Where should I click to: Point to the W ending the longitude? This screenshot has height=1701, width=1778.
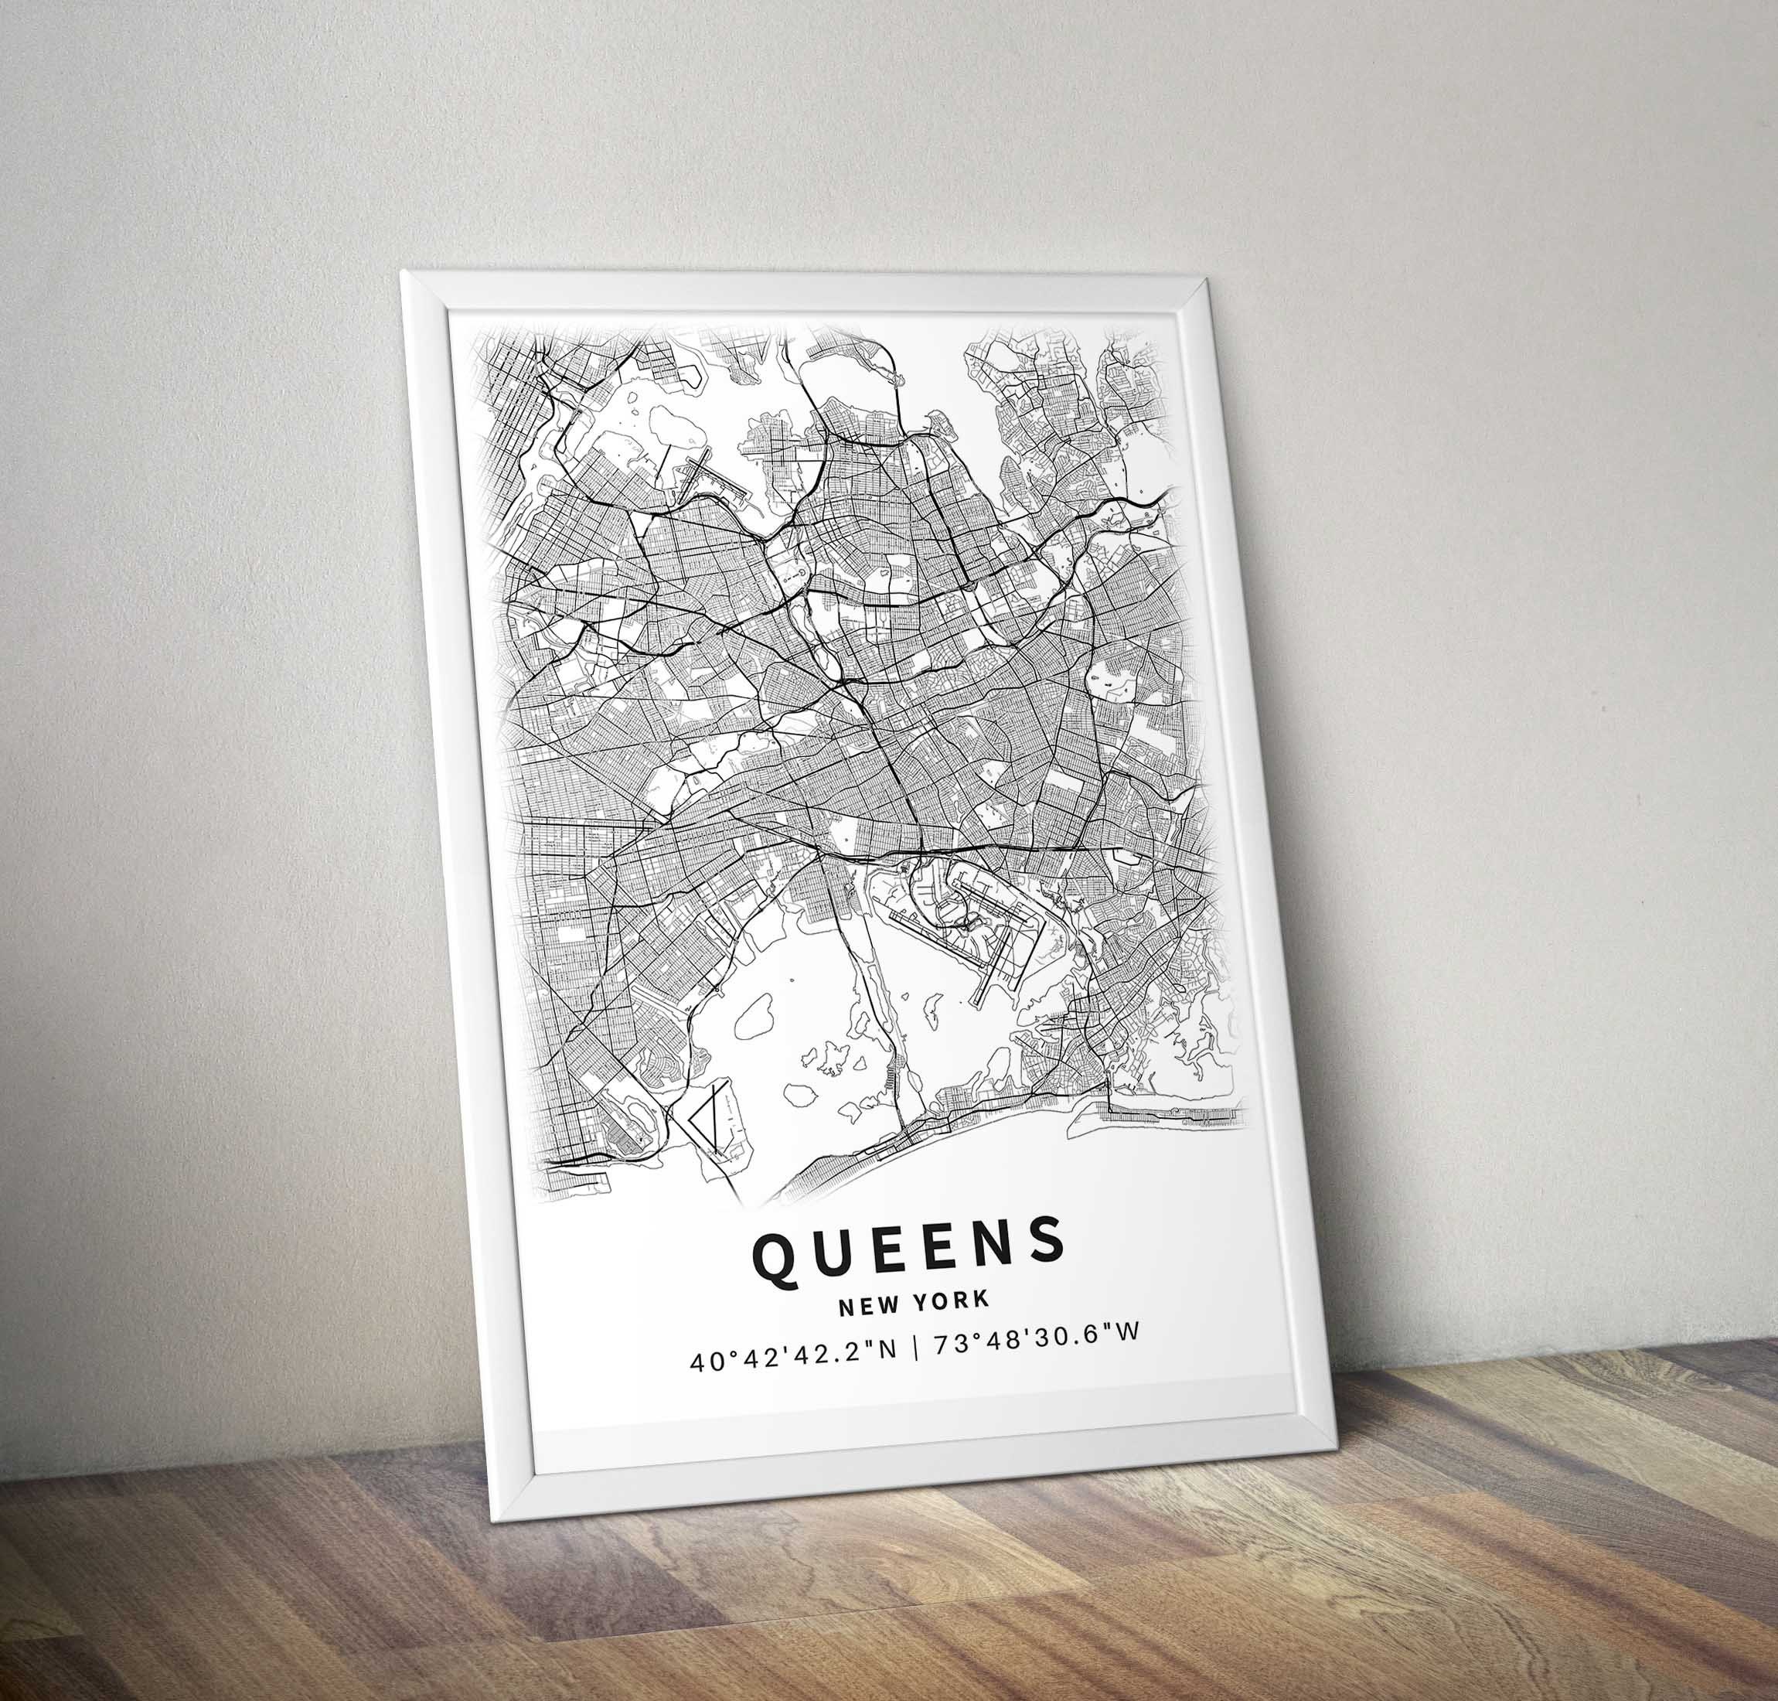click(x=1128, y=1351)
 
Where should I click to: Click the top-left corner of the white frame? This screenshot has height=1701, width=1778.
click(x=404, y=272)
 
